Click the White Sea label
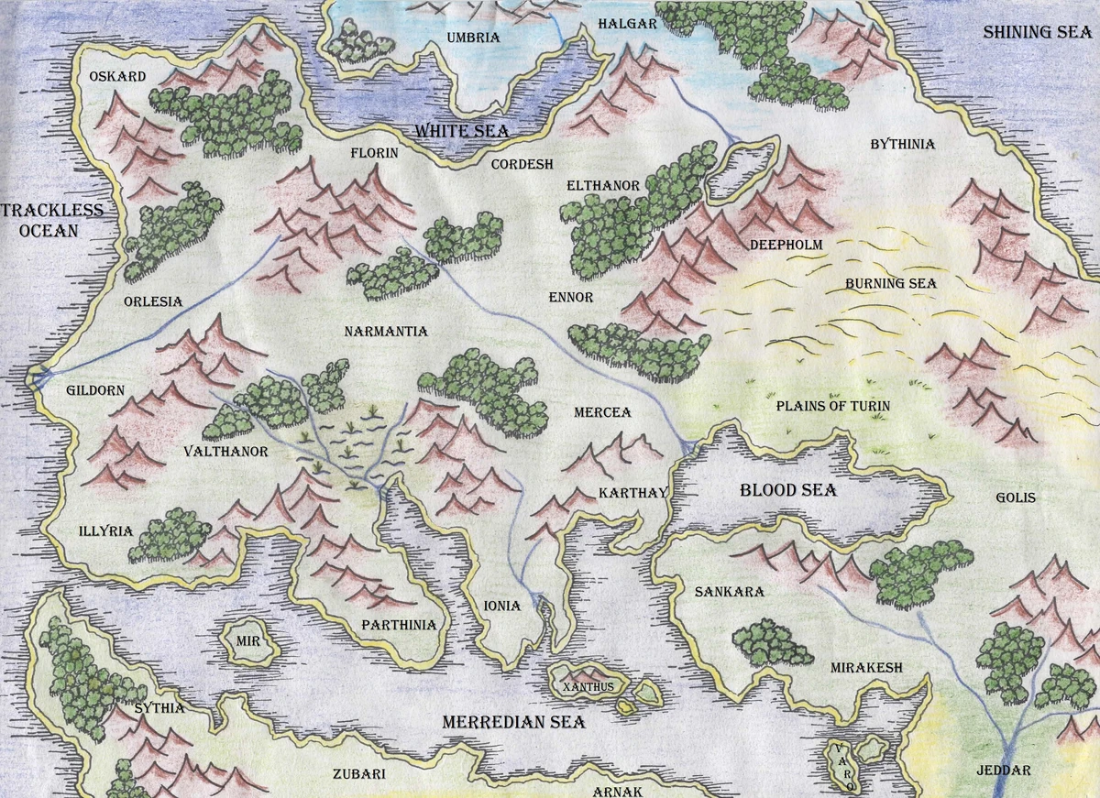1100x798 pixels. click(461, 131)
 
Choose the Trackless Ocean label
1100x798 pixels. click(50, 220)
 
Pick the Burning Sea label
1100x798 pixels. click(890, 283)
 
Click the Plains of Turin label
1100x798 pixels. click(832, 406)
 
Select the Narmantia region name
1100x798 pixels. click(386, 331)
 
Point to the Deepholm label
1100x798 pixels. click(786, 245)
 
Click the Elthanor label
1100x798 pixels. click(603, 185)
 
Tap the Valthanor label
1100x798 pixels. click(225, 452)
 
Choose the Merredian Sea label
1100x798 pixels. click(513, 722)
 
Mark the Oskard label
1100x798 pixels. click(117, 76)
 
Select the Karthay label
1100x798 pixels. click(631, 493)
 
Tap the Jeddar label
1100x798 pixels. click(1009, 771)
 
